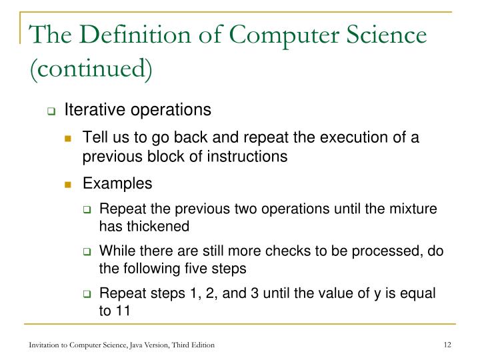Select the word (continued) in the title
click(90, 68)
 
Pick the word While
click(115, 251)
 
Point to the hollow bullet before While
click(87, 253)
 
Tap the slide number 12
click(447, 344)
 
